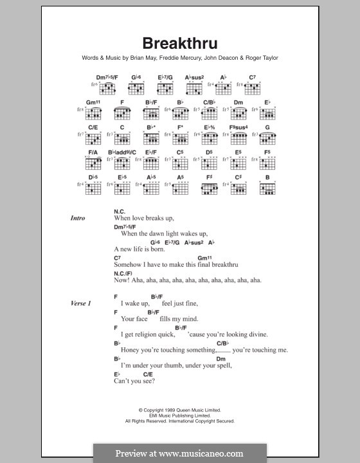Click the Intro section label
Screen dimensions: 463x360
click(x=78, y=218)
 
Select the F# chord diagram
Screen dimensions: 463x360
click(x=210, y=187)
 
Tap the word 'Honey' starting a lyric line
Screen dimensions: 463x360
click(x=124, y=350)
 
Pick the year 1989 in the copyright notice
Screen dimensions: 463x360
click(x=169, y=410)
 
